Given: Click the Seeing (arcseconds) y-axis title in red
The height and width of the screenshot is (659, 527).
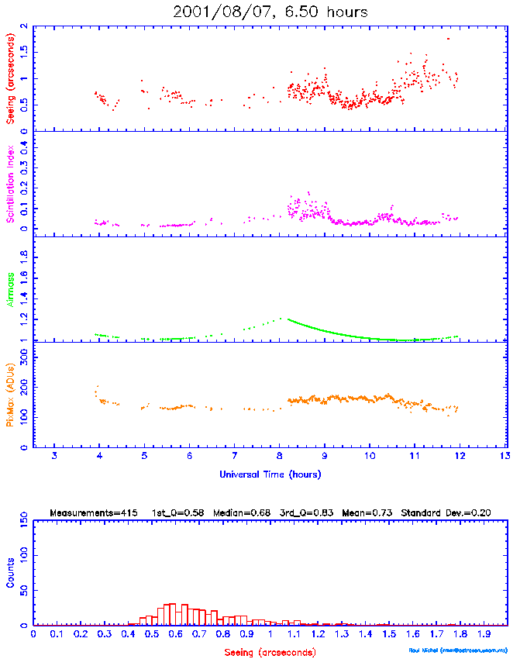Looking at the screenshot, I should click(x=10, y=78).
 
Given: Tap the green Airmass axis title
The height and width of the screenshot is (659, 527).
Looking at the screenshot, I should click(x=10, y=289).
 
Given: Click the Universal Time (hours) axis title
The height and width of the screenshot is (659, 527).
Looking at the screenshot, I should click(x=270, y=474).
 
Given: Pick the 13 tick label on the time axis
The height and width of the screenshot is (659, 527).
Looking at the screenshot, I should click(x=505, y=455).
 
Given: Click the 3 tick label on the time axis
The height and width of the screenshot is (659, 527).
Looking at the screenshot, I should click(x=54, y=455).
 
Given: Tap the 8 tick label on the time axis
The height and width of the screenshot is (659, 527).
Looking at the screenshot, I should click(x=280, y=455).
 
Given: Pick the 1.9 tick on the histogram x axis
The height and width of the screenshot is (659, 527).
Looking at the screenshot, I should click(x=484, y=633).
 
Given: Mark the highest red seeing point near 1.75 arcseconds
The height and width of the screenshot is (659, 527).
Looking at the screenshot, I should click(x=447, y=39).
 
